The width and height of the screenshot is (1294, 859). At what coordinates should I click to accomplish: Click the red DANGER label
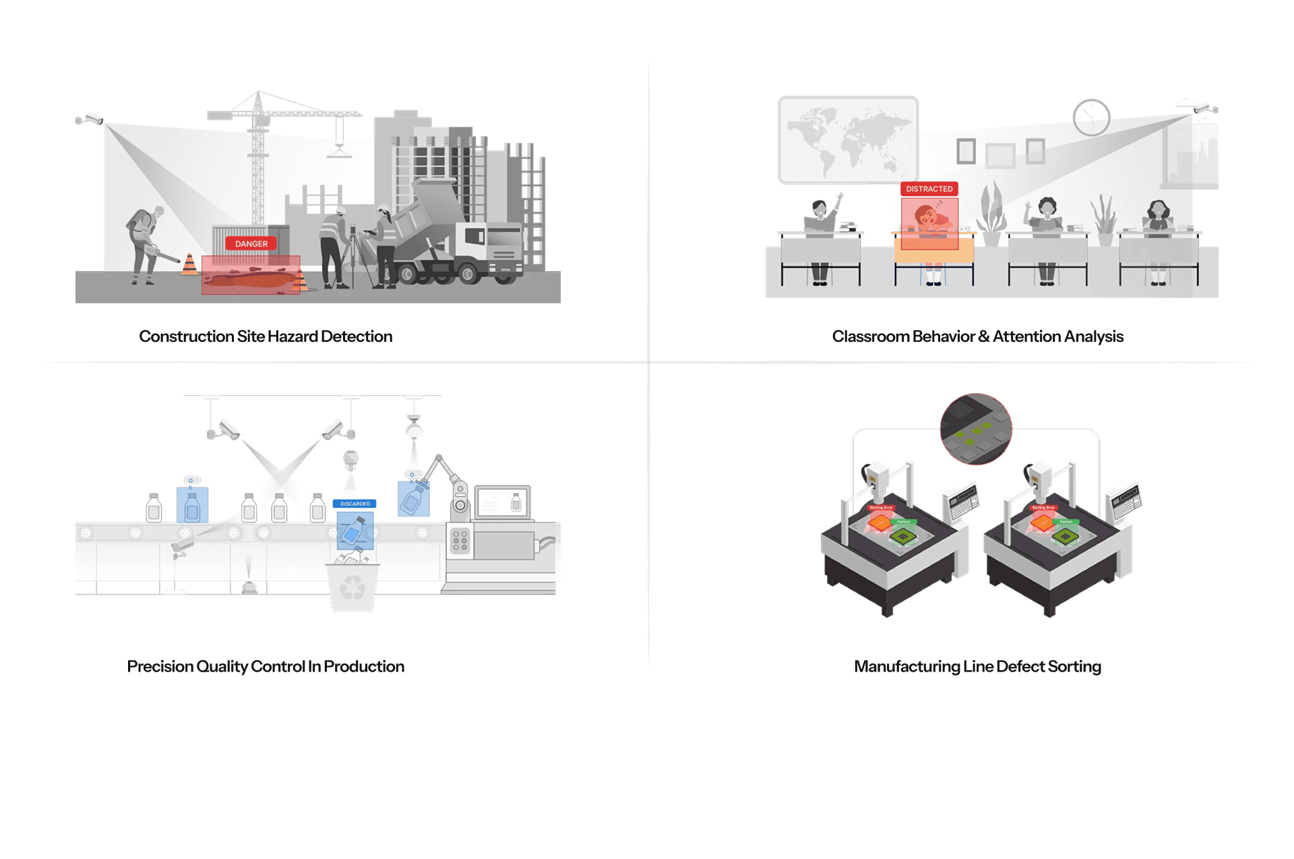251,243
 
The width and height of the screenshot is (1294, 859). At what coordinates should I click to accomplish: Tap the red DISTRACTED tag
929,189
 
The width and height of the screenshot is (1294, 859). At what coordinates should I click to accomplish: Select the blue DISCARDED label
355,504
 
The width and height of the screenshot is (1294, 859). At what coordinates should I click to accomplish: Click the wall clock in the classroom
1091,117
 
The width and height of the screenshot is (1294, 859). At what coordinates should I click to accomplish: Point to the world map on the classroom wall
848,140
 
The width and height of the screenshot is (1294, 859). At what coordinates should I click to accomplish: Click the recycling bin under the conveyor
352,587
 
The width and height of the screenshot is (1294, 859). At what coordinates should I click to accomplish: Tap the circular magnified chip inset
976,429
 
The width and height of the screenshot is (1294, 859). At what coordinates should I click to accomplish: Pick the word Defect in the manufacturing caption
1020,666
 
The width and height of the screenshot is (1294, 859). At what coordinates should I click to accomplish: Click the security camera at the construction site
90,119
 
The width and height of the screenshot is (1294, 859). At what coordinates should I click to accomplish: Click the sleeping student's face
925,218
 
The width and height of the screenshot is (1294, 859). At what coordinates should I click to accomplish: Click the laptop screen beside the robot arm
502,502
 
